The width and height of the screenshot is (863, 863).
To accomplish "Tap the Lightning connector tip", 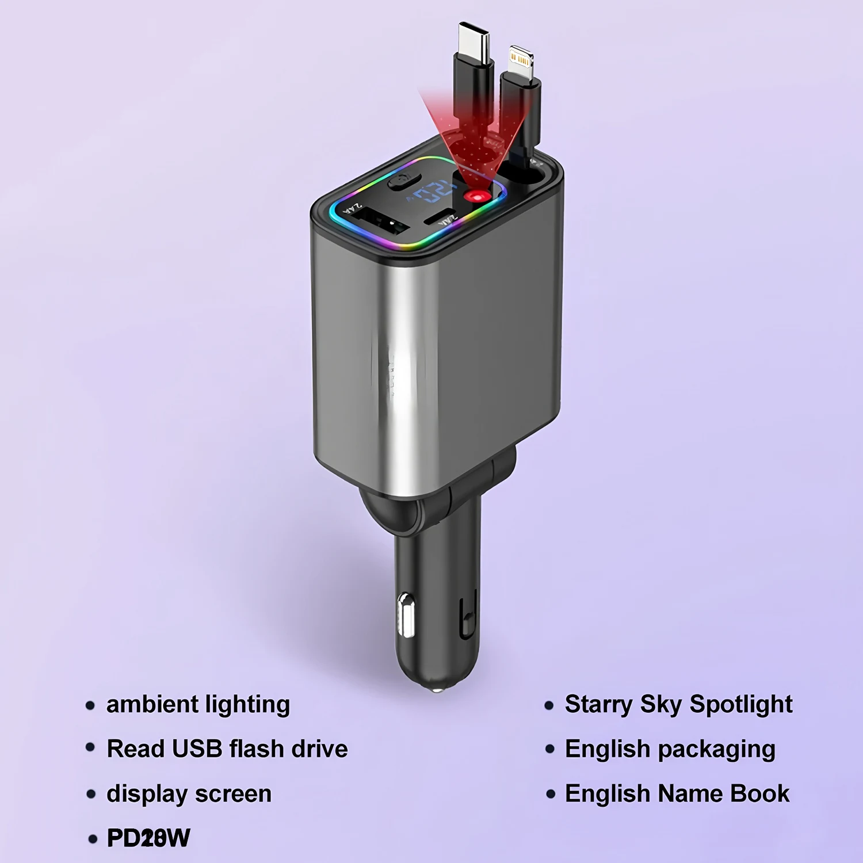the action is click(521, 59).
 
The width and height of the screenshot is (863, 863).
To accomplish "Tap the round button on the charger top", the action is click(400, 182).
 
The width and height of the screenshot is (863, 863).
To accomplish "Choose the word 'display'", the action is click(147, 794).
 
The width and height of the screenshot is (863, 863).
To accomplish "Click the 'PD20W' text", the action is click(148, 838).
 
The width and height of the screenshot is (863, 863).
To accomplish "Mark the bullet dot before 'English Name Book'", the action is click(551, 795).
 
